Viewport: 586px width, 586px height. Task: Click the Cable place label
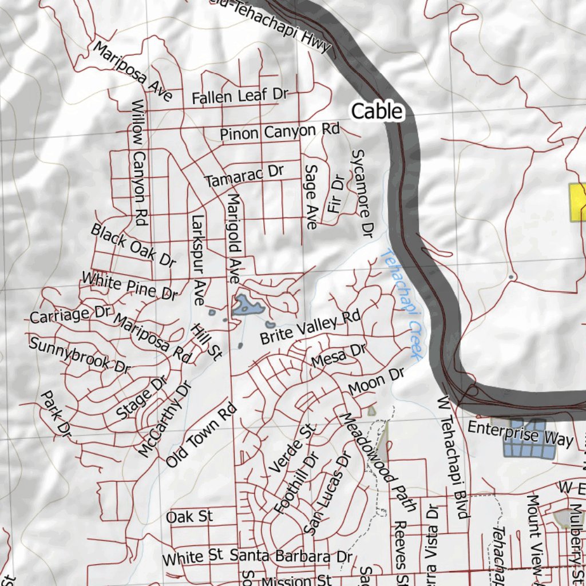click(377, 111)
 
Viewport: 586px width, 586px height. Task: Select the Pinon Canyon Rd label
click(279, 132)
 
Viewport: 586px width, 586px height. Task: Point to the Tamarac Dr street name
click(244, 175)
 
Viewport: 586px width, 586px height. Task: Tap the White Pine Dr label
click(129, 286)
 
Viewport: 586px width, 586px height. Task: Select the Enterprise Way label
click(520, 433)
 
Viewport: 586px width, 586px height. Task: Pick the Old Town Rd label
click(201, 435)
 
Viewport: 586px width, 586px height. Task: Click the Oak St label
click(189, 517)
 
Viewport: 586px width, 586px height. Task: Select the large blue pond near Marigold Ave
click(248, 306)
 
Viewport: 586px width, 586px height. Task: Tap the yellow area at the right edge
click(577, 202)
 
